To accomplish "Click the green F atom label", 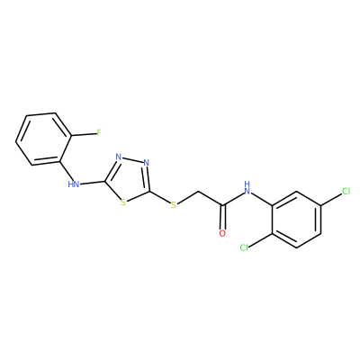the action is (x=98, y=132).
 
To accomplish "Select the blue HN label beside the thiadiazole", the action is (x=74, y=184).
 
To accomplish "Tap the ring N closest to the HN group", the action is (x=119, y=157).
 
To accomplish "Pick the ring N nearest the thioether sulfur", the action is (x=146, y=163).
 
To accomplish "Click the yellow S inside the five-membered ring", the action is (x=123, y=202).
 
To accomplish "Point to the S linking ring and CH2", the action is (x=174, y=205).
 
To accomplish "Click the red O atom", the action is (x=222, y=234).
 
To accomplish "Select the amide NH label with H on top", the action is (x=247, y=187).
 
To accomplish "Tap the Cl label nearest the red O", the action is (x=244, y=247).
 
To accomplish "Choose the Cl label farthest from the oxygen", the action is (x=346, y=191).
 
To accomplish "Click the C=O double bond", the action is (x=222, y=217).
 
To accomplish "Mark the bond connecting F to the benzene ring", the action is (x=84, y=135).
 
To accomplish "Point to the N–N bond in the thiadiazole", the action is (x=132, y=160).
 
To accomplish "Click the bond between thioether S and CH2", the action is (x=187, y=197).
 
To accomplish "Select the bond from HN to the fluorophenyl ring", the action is (x=67, y=170).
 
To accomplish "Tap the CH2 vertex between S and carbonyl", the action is (x=197, y=191).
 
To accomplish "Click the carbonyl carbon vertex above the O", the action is (x=222, y=205).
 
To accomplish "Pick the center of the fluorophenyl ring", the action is (x=44, y=139).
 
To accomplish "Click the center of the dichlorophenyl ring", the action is (x=297, y=220).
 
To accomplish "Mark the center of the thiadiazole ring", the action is (x=129, y=179).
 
